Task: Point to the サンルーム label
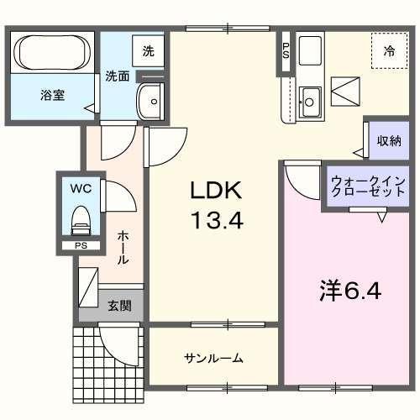[213, 358]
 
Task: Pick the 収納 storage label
[388, 141]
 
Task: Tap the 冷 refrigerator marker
[389, 51]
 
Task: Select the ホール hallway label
[123, 247]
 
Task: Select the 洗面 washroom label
[117, 76]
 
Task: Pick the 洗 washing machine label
[148, 50]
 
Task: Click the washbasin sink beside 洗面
[152, 101]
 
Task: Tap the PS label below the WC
[81, 246]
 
